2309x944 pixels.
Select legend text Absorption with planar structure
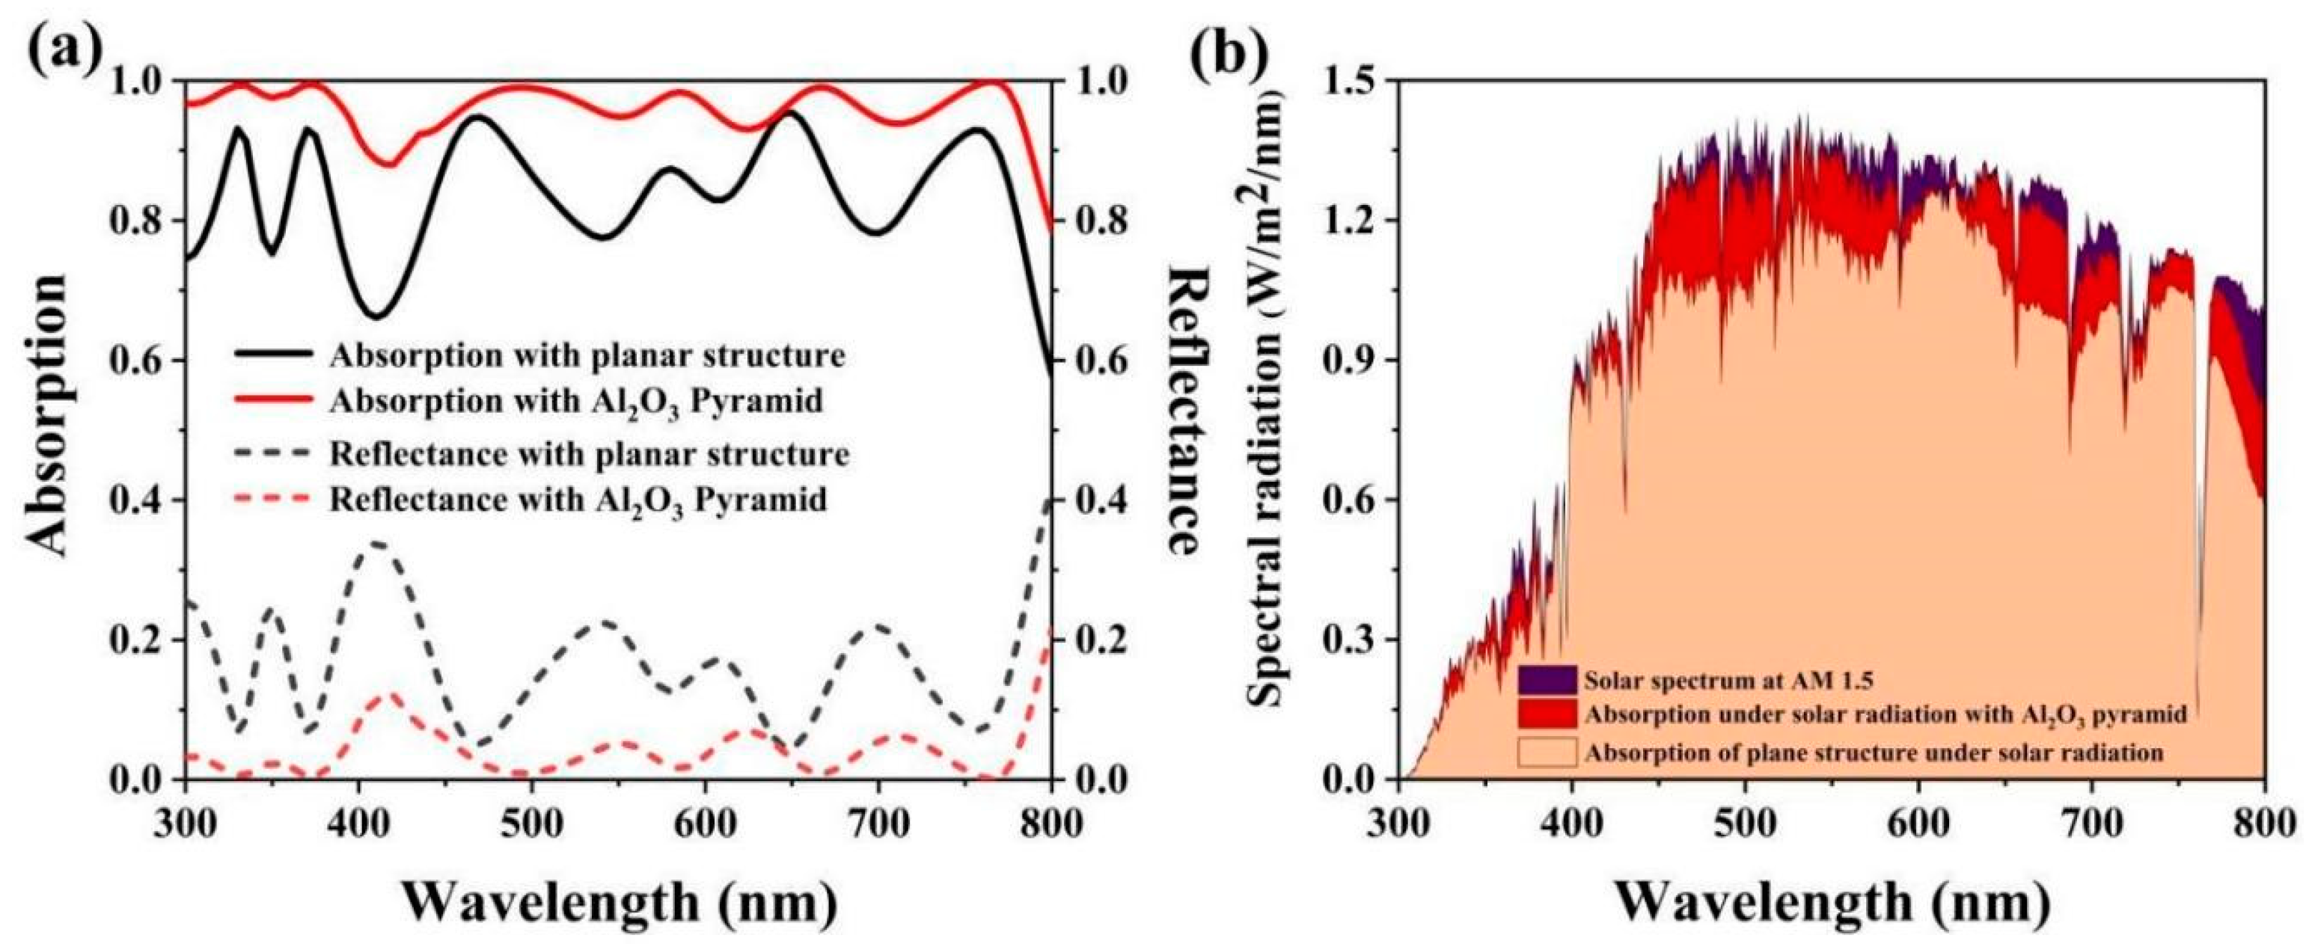587,356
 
